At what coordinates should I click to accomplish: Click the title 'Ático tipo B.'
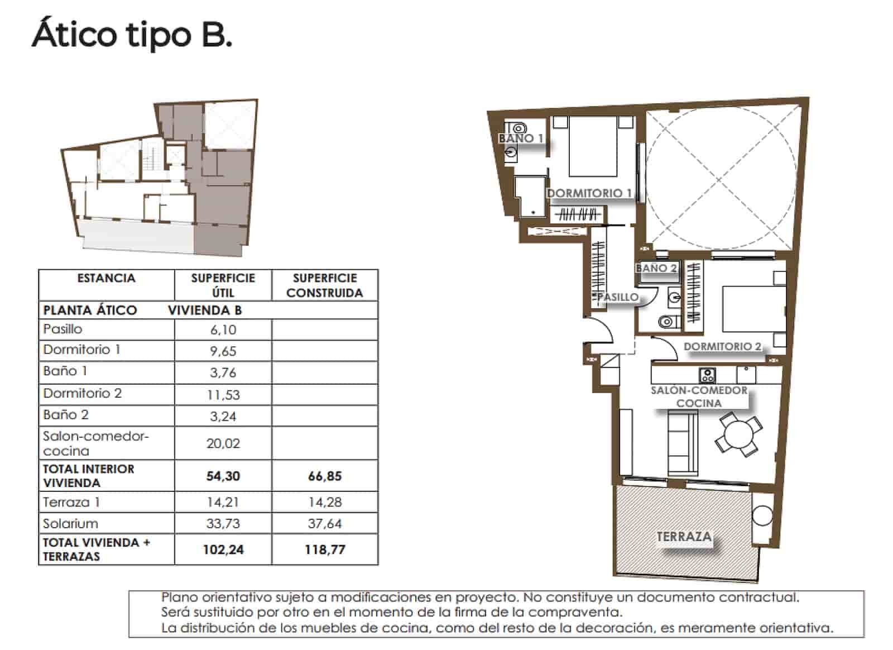click(x=132, y=35)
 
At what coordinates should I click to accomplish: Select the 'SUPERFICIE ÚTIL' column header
click(x=223, y=285)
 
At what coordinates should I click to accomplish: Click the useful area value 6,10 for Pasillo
click(x=223, y=330)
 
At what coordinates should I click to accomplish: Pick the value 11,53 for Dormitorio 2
click(x=223, y=395)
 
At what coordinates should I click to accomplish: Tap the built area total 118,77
click(x=324, y=550)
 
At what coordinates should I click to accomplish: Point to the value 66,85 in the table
click(x=324, y=476)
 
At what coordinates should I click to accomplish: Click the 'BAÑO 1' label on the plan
click(x=521, y=138)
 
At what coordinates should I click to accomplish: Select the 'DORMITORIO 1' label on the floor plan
click(x=589, y=193)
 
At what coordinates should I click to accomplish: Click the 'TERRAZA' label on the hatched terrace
click(x=683, y=537)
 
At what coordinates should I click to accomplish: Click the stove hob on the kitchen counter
click(x=707, y=375)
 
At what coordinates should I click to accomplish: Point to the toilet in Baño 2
click(x=666, y=322)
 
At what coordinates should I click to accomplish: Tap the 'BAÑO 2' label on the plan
click(x=656, y=269)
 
